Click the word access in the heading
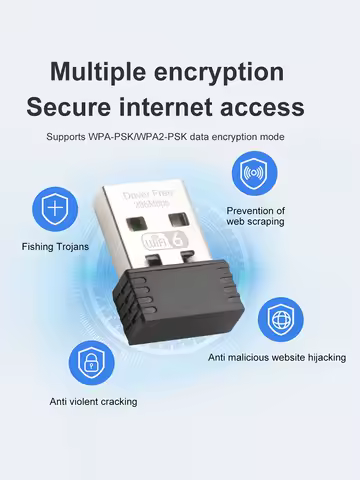(271, 106)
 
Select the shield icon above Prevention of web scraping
(255, 172)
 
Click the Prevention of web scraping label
(255, 216)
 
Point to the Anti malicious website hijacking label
(277, 357)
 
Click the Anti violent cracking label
(94, 401)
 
